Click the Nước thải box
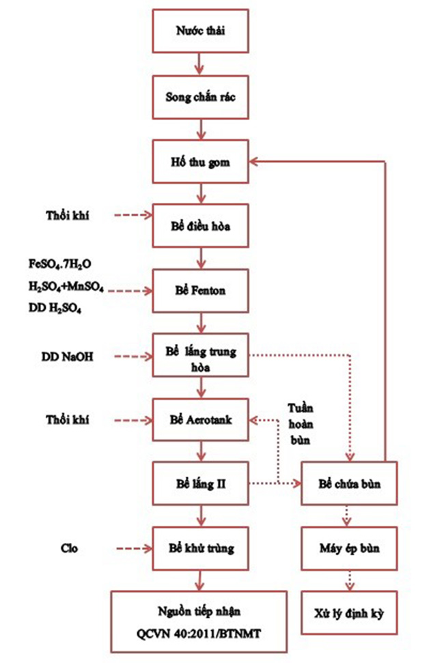tap(199, 32)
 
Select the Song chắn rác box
tap(199, 97)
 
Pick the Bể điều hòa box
tap(199, 225)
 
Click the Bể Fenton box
tap(199, 290)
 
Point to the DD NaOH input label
tap(66, 356)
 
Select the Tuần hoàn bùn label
tap(301, 424)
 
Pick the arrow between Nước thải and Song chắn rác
tap(199, 65)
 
